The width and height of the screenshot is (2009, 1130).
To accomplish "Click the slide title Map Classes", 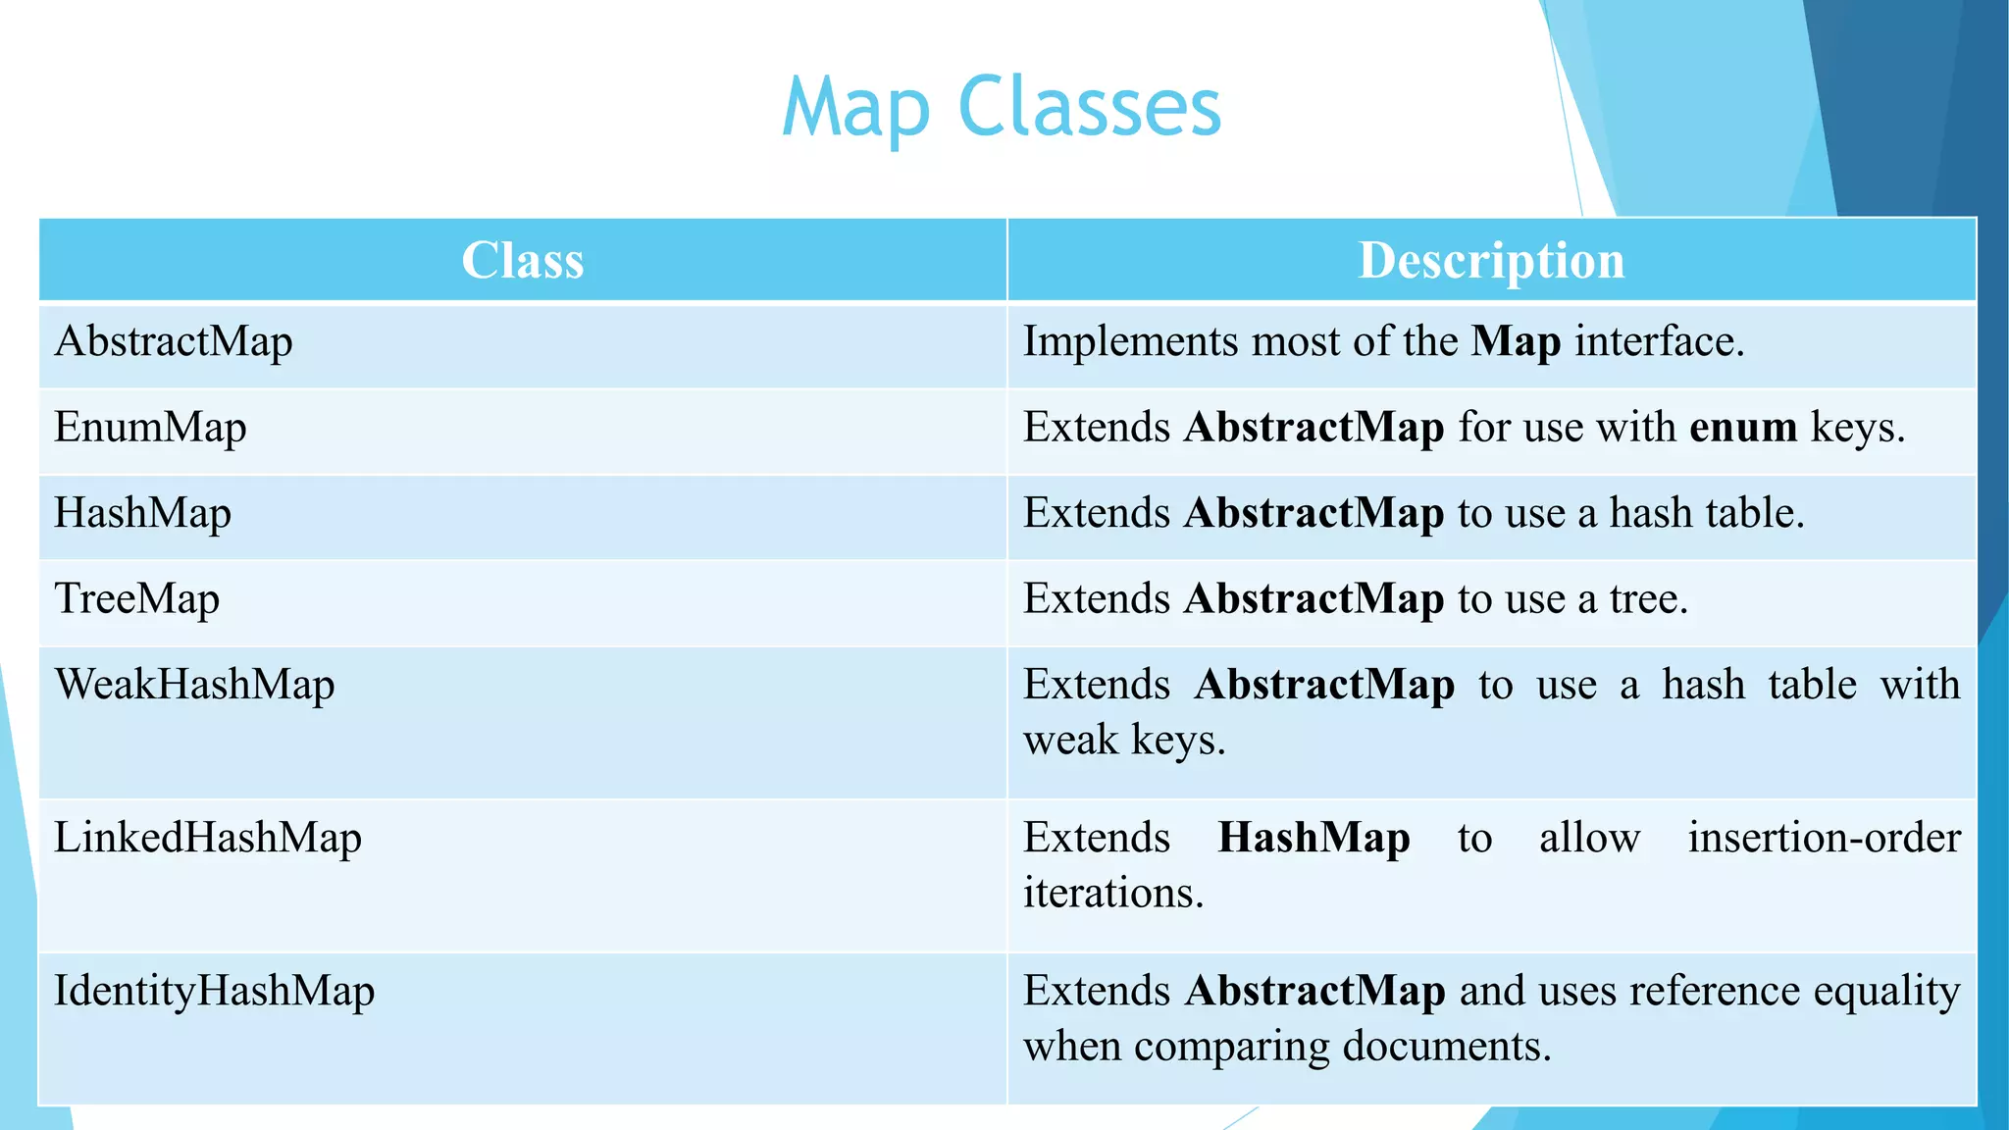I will pyautogui.click(x=1002, y=107).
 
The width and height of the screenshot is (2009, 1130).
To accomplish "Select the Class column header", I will pyautogui.click(x=523, y=261).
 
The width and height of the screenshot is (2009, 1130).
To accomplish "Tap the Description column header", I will pyautogui.click(x=1491, y=261).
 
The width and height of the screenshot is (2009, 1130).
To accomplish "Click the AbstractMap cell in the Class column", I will pyautogui.click(x=174, y=342).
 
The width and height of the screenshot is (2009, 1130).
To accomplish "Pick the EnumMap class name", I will pyautogui.click(x=150, y=429).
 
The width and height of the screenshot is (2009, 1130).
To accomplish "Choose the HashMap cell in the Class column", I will pyautogui.click(x=143, y=514).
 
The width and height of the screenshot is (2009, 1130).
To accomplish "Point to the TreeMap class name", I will pyautogui.click(x=137, y=599).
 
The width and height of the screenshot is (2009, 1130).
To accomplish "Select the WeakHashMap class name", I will pyautogui.click(x=194, y=685).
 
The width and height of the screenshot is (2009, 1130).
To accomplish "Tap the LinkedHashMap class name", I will pyautogui.click(x=208, y=838).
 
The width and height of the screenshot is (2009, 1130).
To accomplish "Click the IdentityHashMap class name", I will pyautogui.click(x=214, y=991).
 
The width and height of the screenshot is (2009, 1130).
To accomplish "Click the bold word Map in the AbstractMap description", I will pyautogui.click(x=1516, y=342).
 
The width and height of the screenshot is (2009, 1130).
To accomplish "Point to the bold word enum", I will pyautogui.click(x=1743, y=428).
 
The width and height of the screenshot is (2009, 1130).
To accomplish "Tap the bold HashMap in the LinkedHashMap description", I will pyautogui.click(x=1314, y=838).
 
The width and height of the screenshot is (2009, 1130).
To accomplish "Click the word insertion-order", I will pyautogui.click(x=1824, y=838).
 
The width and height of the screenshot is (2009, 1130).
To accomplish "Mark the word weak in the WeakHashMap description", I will pyautogui.click(x=1069, y=741).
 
